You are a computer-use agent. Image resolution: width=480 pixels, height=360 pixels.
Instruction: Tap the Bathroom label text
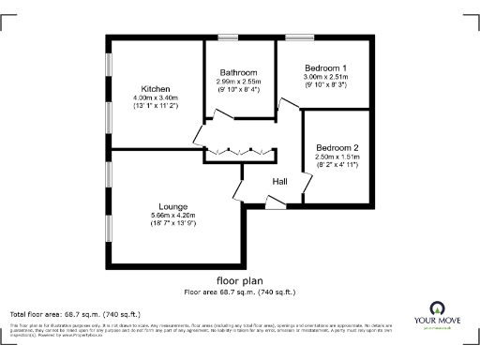point(240,72)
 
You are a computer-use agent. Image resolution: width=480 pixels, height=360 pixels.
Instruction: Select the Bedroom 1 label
point(325,68)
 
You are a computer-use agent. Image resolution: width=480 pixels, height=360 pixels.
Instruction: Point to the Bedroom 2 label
point(337,148)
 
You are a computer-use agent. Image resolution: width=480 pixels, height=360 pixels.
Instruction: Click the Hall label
point(280,181)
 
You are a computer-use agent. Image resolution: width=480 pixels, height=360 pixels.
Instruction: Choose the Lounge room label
point(173,206)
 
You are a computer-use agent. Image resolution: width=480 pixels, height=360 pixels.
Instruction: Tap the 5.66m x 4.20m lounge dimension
point(173,216)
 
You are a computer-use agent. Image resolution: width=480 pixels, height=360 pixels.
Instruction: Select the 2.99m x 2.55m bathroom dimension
point(240,82)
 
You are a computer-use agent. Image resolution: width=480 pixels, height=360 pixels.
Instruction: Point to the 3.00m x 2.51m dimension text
point(325,78)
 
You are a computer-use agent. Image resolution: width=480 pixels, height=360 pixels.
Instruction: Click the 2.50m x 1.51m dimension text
point(337,157)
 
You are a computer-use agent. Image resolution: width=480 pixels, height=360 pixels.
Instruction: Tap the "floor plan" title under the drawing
point(240,280)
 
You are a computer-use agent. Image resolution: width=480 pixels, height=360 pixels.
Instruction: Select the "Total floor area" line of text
point(75,313)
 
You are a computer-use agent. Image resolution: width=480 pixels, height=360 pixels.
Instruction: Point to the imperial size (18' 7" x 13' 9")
point(173,225)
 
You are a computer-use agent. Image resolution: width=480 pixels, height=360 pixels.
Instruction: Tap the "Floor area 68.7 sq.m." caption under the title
point(240,292)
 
